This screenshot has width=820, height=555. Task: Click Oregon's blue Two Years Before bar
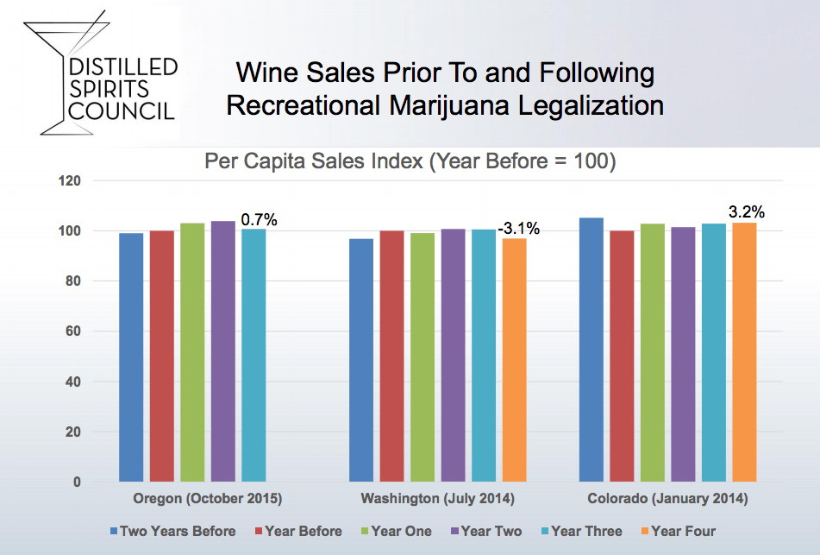coord(131,357)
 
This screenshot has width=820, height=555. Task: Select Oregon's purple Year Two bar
coord(223,351)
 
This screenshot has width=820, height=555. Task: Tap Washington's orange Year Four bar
coord(515,360)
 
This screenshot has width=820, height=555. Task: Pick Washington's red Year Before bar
coord(391,356)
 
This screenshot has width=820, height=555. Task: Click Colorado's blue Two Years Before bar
coord(592,350)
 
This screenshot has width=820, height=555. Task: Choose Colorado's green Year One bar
coord(653,353)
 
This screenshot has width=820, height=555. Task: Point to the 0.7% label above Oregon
coord(259,220)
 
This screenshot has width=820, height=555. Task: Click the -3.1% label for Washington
coord(519,228)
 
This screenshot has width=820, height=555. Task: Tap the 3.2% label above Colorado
coord(747,212)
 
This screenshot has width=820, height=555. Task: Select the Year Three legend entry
coord(581,531)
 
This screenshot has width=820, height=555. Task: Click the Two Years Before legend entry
coord(173,531)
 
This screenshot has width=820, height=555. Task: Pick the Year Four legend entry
coord(679,531)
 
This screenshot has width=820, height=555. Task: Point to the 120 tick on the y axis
coord(70,181)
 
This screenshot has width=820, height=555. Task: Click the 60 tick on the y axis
coord(73,331)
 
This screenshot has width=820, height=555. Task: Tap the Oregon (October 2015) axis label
coord(208,498)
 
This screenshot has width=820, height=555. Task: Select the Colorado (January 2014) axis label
coord(668,498)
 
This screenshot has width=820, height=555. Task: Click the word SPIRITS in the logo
coord(110,89)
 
